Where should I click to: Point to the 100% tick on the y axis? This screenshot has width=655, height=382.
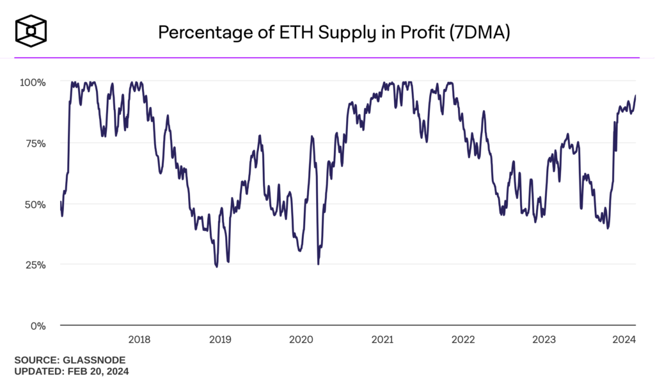pyautogui.click(x=33, y=83)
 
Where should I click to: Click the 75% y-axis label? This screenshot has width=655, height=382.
pyautogui.click(x=35, y=143)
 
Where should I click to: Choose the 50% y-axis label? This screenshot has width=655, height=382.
pyautogui.click(x=35, y=204)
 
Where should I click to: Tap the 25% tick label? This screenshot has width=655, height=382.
pyautogui.click(x=35, y=265)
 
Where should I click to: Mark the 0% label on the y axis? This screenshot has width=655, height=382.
pyautogui.click(x=38, y=326)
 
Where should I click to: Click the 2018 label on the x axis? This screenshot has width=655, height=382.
pyautogui.click(x=139, y=340)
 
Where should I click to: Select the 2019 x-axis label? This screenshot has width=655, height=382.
pyautogui.click(x=220, y=340)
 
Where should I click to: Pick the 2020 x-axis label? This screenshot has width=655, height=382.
pyautogui.click(x=301, y=340)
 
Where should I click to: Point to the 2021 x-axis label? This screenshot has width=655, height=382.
pyautogui.click(x=382, y=340)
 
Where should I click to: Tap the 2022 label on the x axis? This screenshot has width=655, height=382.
pyautogui.click(x=462, y=340)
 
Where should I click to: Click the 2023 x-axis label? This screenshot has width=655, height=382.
pyautogui.click(x=544, y=340)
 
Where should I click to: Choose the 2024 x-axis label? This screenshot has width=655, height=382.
pyautogui.click(x=624, y=340)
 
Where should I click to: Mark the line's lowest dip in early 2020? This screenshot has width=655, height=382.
pyautogui.click(x=318, y=264)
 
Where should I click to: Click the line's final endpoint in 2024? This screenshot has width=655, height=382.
pyautogui.click(x=635, y=95)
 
